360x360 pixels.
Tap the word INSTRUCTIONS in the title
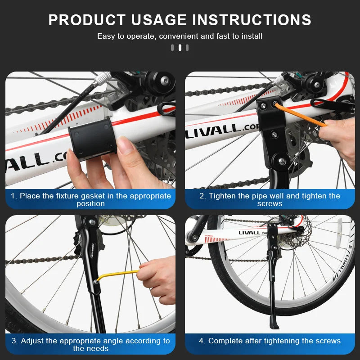252,20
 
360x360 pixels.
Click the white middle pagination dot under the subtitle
180,48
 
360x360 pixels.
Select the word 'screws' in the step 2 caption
270,203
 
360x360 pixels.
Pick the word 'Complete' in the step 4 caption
225,341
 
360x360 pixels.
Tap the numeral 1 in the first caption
13,196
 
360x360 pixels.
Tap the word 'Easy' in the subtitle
106,36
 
